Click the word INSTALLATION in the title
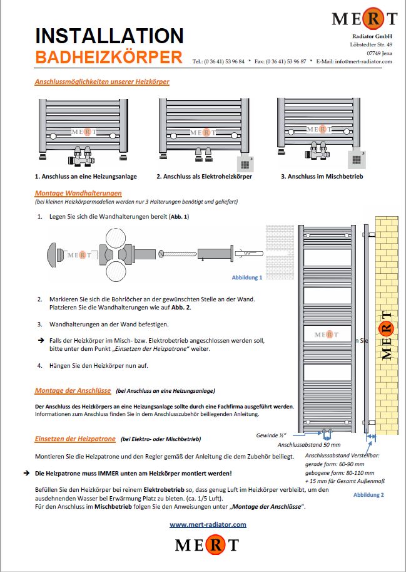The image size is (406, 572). [109, 35]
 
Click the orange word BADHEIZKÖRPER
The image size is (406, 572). [109, 58]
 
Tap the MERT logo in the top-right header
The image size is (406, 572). [364, 19]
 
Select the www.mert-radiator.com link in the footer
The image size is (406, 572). [208, 524]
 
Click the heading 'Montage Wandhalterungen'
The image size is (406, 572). [78, 193]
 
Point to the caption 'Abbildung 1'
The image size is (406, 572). [247, 277]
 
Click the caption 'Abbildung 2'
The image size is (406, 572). [368, 495]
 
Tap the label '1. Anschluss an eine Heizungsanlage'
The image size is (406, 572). [86, 177]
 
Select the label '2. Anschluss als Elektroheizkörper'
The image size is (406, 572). [204, 177]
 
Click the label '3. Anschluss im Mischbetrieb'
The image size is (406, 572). [322, 177]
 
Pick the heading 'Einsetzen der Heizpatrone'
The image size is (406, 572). [74, 439]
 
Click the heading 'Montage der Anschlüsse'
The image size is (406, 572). [73, 390]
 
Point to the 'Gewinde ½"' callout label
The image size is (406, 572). [271, 435]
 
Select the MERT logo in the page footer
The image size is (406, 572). [207, 544]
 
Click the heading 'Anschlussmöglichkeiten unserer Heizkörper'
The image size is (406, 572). [102, 81]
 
